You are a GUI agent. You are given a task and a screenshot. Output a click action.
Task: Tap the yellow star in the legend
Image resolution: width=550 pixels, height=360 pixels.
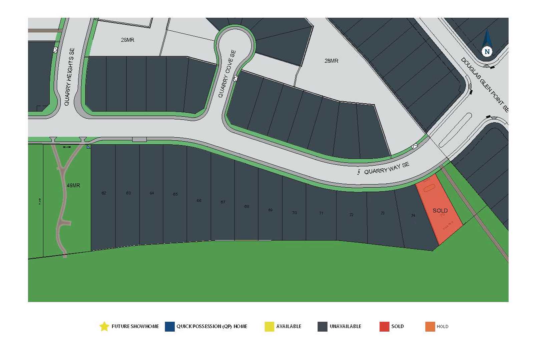pyautogui.click(x=104, y=326)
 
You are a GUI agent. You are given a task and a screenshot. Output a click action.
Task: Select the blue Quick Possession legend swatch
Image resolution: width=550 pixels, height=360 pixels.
pyautogui.click(x=170, y=327)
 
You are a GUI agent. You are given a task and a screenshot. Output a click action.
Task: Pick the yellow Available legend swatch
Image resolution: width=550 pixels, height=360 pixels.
pyautogui.click(x=269, y=327)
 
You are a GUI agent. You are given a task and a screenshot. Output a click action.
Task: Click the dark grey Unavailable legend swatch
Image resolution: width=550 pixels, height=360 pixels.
pyautogui.click(x=323, y=327)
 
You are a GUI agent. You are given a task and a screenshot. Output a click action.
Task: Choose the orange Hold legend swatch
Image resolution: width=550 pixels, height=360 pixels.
pyautogui.click(x=430, y=327)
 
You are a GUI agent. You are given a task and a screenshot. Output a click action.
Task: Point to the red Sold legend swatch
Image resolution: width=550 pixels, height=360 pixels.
pyautogui.click(x=384, y=327)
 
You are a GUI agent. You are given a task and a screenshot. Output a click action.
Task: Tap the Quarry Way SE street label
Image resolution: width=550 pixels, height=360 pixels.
pyautogui.click(x=386, y=169)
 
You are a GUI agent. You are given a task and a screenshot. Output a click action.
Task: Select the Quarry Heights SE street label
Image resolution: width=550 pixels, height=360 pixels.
pyautogui.click(x=69, y=77)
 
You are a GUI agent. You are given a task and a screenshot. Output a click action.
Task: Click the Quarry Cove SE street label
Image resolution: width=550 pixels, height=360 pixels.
pyautogui.click(x=227, y=74)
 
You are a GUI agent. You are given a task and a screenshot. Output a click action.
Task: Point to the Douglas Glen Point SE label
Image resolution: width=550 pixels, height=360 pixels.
pyautogui.click(x=485, y=85)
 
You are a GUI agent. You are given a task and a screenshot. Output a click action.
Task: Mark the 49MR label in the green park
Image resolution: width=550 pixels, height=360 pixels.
pyautogui.click(x=73, y=185)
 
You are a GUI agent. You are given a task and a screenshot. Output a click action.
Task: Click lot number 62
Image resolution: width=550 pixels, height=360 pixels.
pyautogui.click(x=104, y=193)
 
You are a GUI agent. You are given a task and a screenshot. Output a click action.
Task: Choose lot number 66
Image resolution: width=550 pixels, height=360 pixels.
pyautogui.click(x=199, y=200)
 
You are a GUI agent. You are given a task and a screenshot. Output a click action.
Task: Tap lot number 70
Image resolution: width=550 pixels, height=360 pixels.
pyautogui.click(x=294, y=213)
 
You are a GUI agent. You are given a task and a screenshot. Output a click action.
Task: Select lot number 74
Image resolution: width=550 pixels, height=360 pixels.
pyautogui.click(x=413, y=216)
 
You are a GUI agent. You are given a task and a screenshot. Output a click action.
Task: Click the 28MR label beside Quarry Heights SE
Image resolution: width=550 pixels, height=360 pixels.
pyautogui.click(x=127, y=40)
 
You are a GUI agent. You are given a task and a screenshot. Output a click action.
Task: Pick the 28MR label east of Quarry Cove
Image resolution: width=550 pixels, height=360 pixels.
pyautogui.click(x=331, y=61)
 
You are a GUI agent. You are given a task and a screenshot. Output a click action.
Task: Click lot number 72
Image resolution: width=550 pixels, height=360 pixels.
pyautogui.click(x=351, y=215)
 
